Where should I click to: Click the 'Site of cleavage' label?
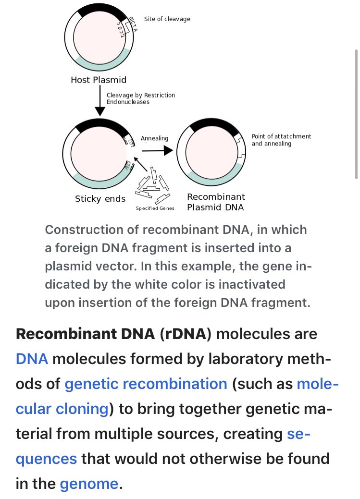click(167, 19)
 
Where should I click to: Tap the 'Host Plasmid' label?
click(99, 80)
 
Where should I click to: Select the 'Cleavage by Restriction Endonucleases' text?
click(140, 98)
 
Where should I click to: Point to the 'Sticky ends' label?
click(100, 199)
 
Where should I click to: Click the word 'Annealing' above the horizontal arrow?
click(154, 138)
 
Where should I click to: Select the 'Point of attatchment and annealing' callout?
click(281, 140)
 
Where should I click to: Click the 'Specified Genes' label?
click(155, 208)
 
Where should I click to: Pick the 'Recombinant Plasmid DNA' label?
click(216, 202)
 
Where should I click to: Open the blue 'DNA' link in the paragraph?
click(32, 358)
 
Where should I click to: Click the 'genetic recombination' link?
click(146, 384)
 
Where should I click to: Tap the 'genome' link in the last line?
click(88, 484)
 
